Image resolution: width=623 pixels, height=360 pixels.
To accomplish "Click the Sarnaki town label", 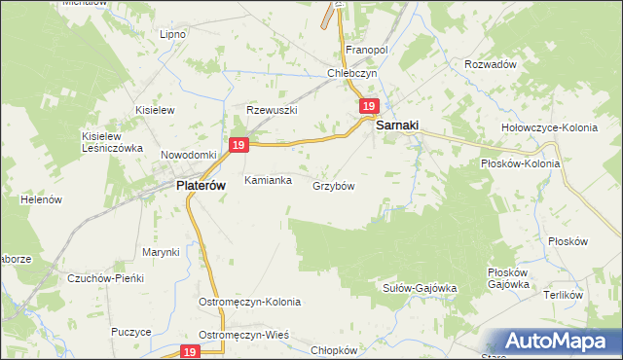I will click(399, 125).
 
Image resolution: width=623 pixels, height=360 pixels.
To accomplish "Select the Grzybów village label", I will click(334, 186).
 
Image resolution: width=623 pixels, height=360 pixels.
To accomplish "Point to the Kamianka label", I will click(268, 180).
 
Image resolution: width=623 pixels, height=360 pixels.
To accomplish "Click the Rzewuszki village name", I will click(272, 110).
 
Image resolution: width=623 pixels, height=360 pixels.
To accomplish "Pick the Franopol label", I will click(367, 49).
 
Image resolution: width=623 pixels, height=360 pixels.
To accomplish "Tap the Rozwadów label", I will click(490, 63).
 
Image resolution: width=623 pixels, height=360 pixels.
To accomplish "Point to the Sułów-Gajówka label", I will click(418, 288).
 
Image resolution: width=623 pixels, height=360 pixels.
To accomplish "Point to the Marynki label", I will click(161, 252).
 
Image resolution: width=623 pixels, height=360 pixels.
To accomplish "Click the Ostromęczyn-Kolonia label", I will click(250, 302).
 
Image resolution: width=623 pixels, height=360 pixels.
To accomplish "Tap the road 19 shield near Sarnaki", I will click(368, 106).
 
